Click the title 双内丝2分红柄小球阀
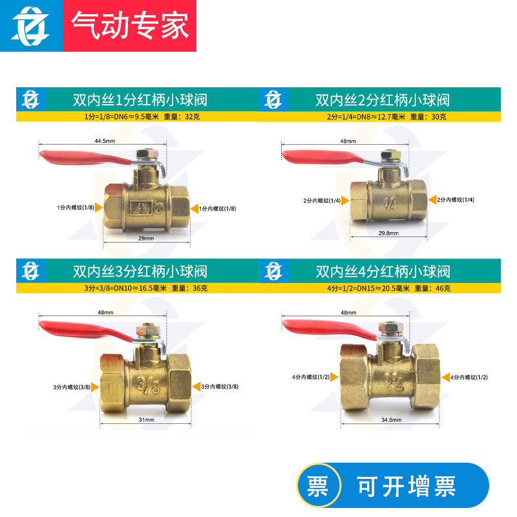tap(383, 100)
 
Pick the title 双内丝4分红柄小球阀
tap(383, 271)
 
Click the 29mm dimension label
tap(146, 238)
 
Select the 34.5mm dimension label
tap(392, 419)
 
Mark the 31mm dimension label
tap(146, 419)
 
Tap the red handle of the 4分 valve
tap(326, 325)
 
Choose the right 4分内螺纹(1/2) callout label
tap(469, 376)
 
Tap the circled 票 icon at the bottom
tap(317, 486)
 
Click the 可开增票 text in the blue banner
tap(407, 486)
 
